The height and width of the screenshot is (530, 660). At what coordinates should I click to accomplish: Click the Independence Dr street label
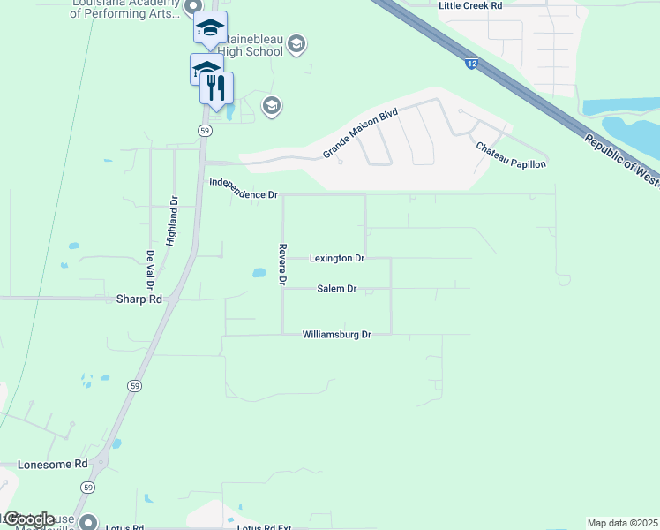coord(244,188)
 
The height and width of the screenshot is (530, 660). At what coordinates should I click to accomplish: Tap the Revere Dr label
coord(283,264)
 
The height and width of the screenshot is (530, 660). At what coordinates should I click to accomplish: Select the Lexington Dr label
coord(337,259)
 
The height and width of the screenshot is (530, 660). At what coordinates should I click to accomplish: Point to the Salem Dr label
coord(336,289)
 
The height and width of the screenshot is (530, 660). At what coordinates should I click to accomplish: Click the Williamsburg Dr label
coord(335,335)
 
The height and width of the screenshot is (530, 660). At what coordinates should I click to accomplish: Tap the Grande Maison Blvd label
coord(361,134)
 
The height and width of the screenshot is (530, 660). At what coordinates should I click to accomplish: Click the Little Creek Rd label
coord(470,5)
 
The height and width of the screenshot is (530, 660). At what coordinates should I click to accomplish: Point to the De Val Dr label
coord(151,269)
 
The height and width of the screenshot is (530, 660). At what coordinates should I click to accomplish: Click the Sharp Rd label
coord(139,299)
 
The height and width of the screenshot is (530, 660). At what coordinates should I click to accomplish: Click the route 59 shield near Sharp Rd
coord(134,386)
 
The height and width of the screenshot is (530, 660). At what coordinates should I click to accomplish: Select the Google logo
coord(28,519)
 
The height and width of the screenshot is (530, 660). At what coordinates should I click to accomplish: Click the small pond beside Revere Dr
coord(259,273)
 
